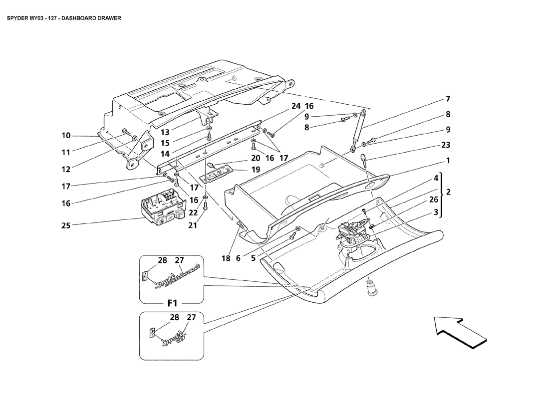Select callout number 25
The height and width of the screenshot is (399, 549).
pos(66,225)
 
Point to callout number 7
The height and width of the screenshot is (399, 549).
pos(448,99)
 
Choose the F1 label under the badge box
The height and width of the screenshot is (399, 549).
pos(173,303)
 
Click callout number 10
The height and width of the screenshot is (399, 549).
pos(66,135)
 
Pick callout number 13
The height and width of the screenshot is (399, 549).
pos(165,133)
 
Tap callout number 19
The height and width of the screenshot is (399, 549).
pos(256,170)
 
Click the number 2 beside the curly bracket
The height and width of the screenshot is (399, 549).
pos(448,192)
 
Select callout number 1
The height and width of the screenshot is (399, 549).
pos(448,161)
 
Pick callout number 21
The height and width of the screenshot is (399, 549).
pos(193,225)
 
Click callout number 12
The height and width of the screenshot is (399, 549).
pos(66,169)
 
